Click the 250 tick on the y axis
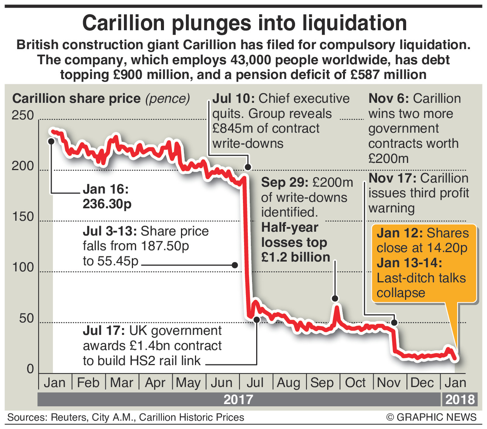(23, 115)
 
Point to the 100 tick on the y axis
(23, 268)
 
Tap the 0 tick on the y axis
(30, 369)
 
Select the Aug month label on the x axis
(288, 383)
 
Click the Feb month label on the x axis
(88, 383)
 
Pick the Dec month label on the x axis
(422, 383)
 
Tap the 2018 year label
(460, 400)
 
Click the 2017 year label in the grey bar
(238, 400)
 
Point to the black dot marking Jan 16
(51, 141)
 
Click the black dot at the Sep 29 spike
(335, 299)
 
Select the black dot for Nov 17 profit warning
(394, 322)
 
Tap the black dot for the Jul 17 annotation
(257, 319)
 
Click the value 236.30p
(107, 204)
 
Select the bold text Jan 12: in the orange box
(399, 233)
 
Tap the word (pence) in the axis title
(167, 99)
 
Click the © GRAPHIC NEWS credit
(431, 417)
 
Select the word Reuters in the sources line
(68, 417)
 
